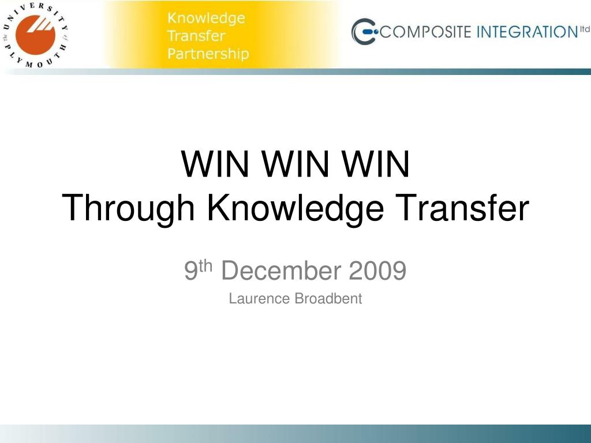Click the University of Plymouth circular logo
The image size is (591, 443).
tap(35, 35)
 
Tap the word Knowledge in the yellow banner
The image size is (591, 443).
tap(206, 18)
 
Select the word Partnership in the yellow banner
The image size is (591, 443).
tap(208, 54)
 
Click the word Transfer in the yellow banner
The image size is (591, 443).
tap(196, 36)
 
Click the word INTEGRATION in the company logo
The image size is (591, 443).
tap(528, 32)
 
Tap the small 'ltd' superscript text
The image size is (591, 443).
tap(585, 29)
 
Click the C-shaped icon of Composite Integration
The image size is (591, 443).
tap(364, 31)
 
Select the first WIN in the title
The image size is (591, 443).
tap(215, 164)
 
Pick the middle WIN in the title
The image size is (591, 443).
tap(295, 164)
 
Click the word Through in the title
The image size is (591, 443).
tap(128, 209)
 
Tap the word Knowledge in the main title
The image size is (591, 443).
tap(295, 209)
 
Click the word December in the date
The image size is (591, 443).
tap(281, 270)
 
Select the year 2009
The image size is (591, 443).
tap(377, 270)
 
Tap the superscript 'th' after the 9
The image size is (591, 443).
tap(206, 266)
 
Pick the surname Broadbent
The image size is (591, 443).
tap(328, 299)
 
